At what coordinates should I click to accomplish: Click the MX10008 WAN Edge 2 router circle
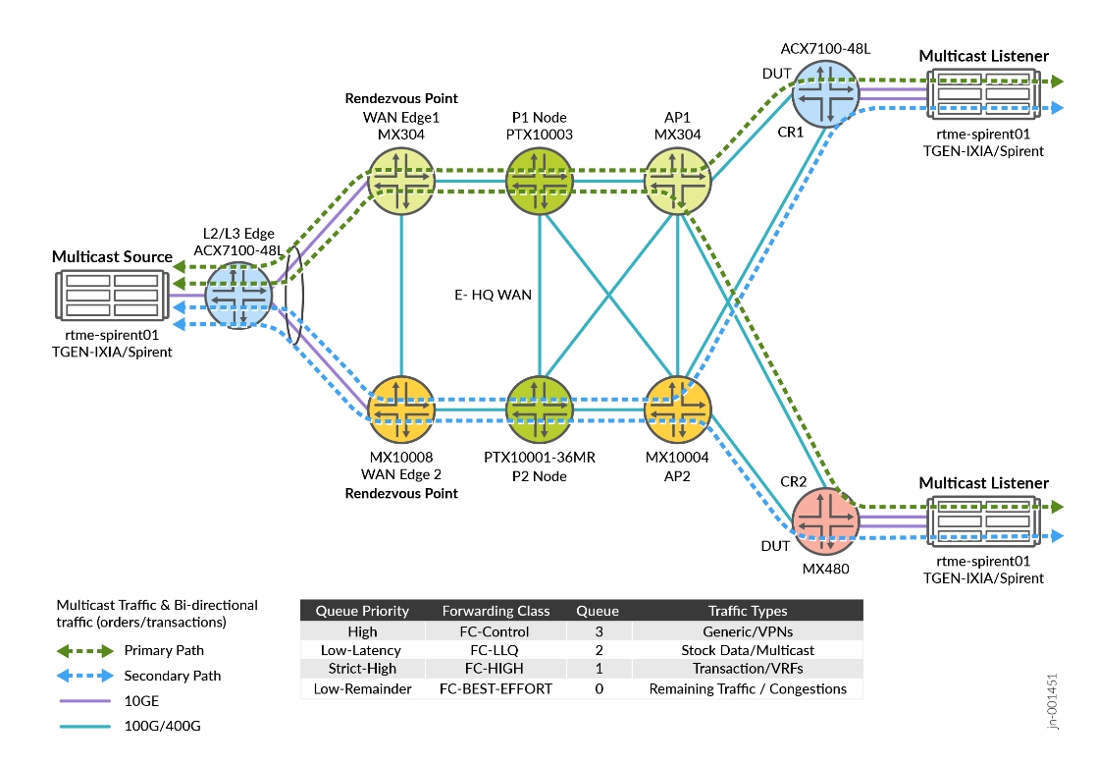coord(400,410)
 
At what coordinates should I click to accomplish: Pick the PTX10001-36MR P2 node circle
coord(539,410)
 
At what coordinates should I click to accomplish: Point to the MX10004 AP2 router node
coord(677,410)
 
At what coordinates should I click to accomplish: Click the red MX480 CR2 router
coord(825,521)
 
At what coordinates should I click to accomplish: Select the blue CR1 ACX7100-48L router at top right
coord(825,93)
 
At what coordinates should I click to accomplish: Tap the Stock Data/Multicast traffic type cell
coord(747,650)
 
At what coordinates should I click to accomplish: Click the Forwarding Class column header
coord(496,611)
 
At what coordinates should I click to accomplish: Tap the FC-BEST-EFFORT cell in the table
coord(496,688)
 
